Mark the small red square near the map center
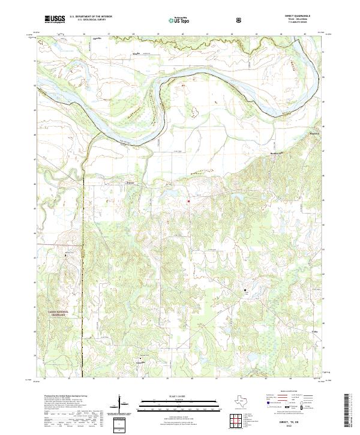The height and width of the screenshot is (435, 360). pyautogui.click(x=189, y=201)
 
